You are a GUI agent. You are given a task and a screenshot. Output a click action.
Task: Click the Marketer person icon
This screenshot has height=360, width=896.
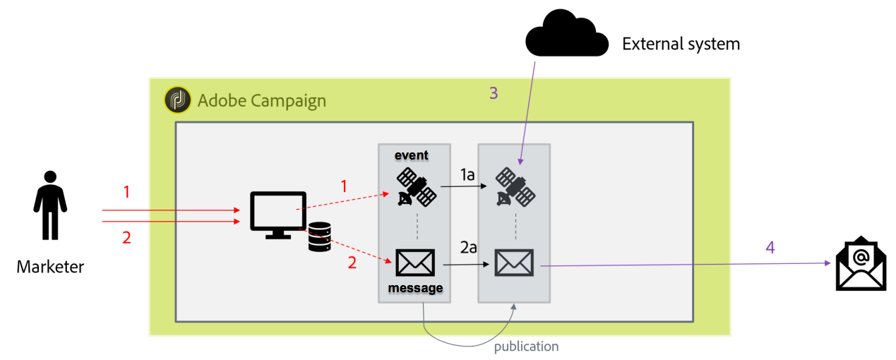point(50,204)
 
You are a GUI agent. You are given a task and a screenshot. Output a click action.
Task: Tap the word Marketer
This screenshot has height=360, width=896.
point(50,267)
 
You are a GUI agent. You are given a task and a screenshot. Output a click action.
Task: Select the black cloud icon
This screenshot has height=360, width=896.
point(566,36)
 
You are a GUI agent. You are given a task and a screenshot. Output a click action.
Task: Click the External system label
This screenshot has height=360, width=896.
point(681,44)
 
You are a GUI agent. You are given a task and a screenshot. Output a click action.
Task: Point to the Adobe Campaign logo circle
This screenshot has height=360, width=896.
point(177,100)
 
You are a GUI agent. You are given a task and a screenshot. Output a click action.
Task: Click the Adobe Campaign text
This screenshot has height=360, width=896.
point(262,100)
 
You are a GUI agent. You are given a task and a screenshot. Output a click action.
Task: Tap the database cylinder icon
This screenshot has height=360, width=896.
point(319,236)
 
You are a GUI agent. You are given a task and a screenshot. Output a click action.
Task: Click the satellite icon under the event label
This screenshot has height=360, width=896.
point(414,186)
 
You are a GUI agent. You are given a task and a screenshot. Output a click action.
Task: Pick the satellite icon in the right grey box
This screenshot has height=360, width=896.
point(514,186)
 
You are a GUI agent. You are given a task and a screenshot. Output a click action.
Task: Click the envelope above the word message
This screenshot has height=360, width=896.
point(414,263)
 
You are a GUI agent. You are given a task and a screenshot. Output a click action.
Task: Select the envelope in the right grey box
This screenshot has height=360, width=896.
point(514,263)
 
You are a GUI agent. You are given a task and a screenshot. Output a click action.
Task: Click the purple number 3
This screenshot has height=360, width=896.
point(494,93)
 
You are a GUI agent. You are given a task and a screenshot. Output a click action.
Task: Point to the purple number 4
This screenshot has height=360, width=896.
point(770,247)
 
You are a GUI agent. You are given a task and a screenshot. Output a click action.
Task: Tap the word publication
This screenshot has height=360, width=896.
point(526,347)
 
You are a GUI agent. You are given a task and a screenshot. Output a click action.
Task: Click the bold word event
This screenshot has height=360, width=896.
point(411,155)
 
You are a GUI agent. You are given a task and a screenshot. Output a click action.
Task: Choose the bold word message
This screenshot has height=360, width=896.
point(415,288)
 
